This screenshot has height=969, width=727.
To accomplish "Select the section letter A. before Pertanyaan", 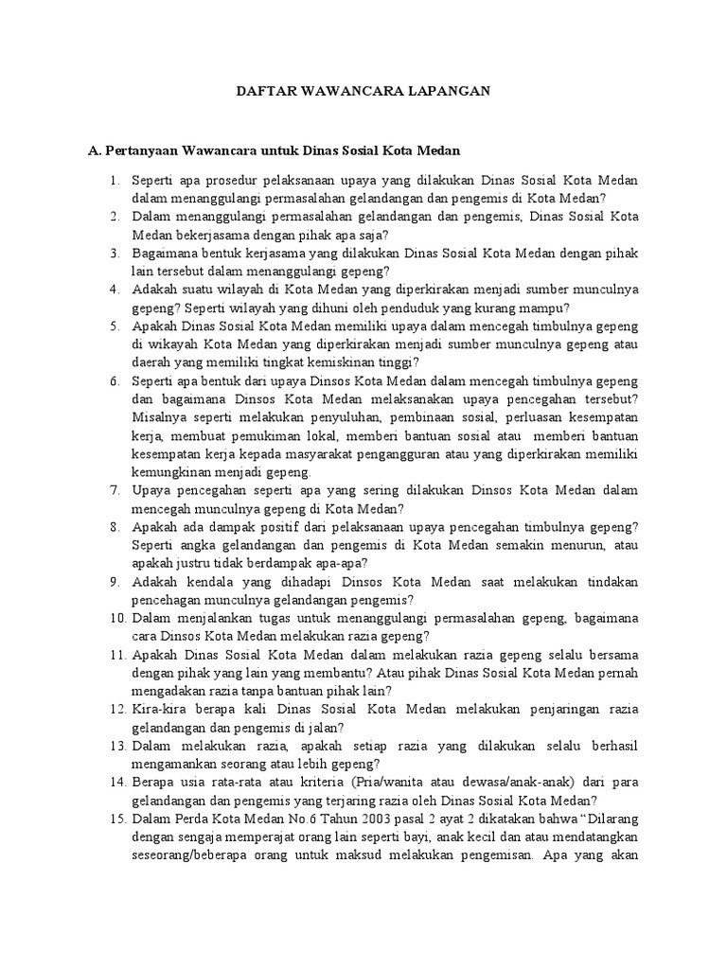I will (x=94, y=150).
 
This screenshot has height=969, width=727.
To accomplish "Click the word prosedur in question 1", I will (x=224, y=180).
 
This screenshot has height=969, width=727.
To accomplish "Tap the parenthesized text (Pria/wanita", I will (x=391, y=783).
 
